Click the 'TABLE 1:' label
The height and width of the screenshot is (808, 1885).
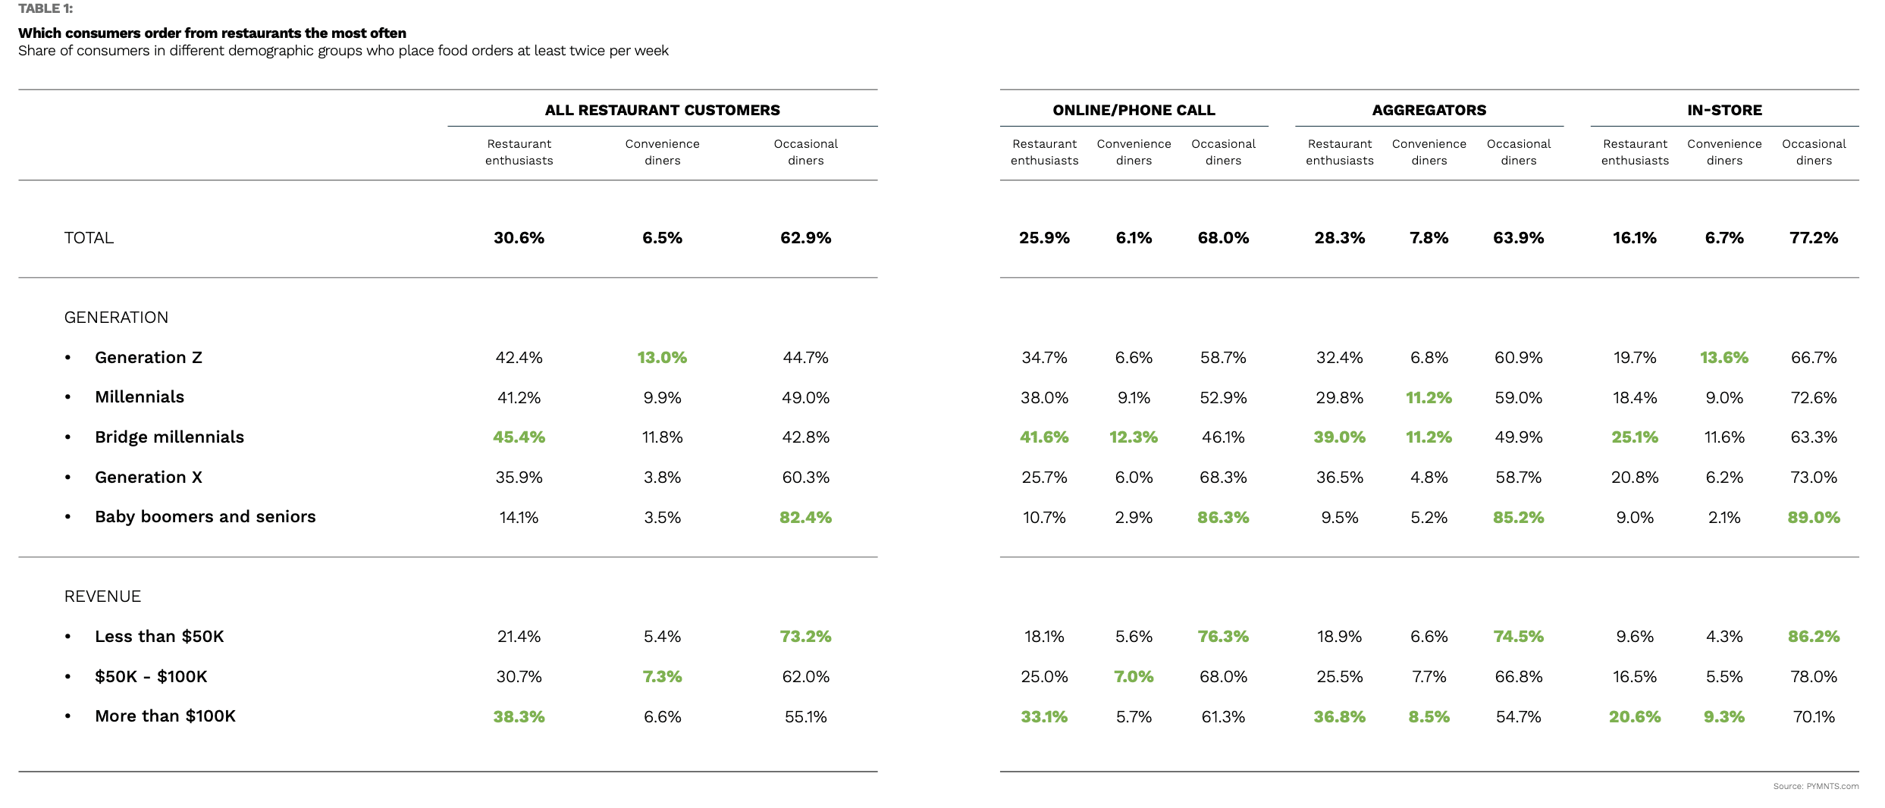coord(45,9)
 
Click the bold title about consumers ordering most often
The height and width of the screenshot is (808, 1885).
coord(212,33)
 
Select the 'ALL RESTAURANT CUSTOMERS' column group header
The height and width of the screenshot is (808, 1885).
coord(662,110)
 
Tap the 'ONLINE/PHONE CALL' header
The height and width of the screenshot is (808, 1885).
coord(1134,110)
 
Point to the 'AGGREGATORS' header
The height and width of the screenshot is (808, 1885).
coord(1429,110)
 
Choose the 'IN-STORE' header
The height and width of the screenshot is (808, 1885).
coord(1724,110)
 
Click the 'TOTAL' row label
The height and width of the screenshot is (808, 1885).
coord(89,238)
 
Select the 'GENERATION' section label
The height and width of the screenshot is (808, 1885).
coord(116,318)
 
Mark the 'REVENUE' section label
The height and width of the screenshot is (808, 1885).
coord(102,597)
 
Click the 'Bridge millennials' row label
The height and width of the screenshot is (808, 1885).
coord(169,437)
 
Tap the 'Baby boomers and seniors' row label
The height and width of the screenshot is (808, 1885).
coord(205,517)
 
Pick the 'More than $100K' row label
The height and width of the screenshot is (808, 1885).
coord(165,716)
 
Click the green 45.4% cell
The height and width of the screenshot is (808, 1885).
coord(519,437)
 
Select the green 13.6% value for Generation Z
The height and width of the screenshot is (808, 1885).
coord(1723,358)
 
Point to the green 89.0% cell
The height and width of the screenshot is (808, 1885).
coord(1813,518)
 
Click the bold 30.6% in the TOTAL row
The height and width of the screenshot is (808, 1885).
coord(519,238)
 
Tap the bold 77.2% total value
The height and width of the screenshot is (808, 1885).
coord(1813,238)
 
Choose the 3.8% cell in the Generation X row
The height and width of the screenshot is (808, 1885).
coord(662,478)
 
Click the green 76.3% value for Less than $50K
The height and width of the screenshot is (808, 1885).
coord(1223,637)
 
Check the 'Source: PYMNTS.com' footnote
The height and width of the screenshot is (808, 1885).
coord(1815,786)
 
